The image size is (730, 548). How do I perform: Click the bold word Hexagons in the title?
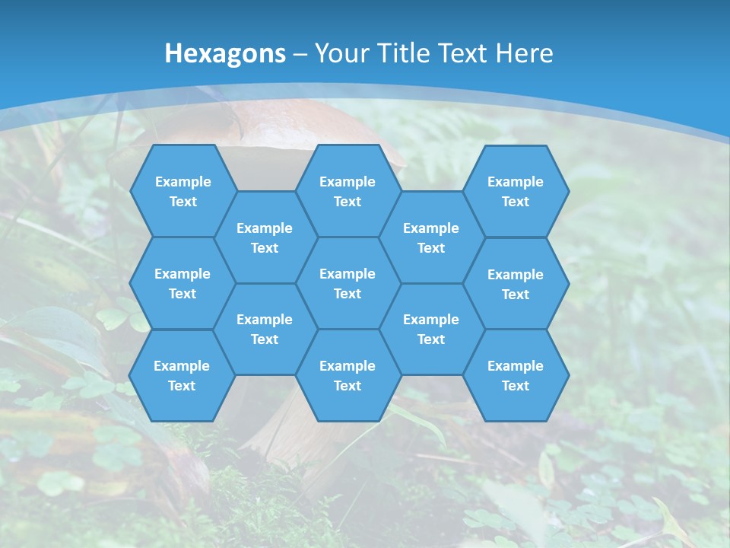[225, 53]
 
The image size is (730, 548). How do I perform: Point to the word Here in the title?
[525, 53]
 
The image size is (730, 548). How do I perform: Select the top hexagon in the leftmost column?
[182, 191]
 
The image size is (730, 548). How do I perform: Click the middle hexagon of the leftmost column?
[182, 283]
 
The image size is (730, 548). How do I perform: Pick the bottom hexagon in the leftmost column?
[182, 375]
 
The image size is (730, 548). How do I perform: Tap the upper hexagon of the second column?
[265, 237]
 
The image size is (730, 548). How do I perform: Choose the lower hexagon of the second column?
[265, 329]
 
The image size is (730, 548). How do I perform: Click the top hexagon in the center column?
[348, 191]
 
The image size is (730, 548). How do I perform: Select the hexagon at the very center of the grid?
[348, 283]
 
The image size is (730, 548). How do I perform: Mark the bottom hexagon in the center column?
[348, 375]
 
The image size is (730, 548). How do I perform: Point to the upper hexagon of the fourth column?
[431, 237]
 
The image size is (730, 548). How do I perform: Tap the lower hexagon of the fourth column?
[431, 329]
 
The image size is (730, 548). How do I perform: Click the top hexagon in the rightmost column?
[516, 191]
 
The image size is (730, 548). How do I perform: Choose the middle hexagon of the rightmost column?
[516, 284]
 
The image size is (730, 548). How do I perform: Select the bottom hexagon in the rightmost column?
[516, 375]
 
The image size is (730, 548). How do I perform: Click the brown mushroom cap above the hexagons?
[304, 122]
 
